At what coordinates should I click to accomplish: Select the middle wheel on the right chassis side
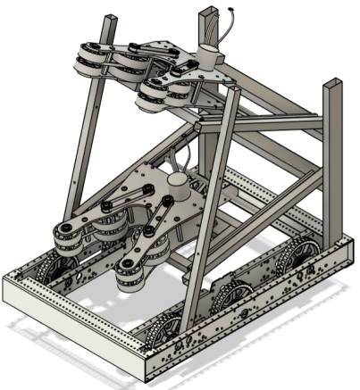click(x=233, y=295)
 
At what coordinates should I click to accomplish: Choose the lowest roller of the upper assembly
click(x=152, y=97)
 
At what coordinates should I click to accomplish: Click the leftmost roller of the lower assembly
click(x=67, y=237)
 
